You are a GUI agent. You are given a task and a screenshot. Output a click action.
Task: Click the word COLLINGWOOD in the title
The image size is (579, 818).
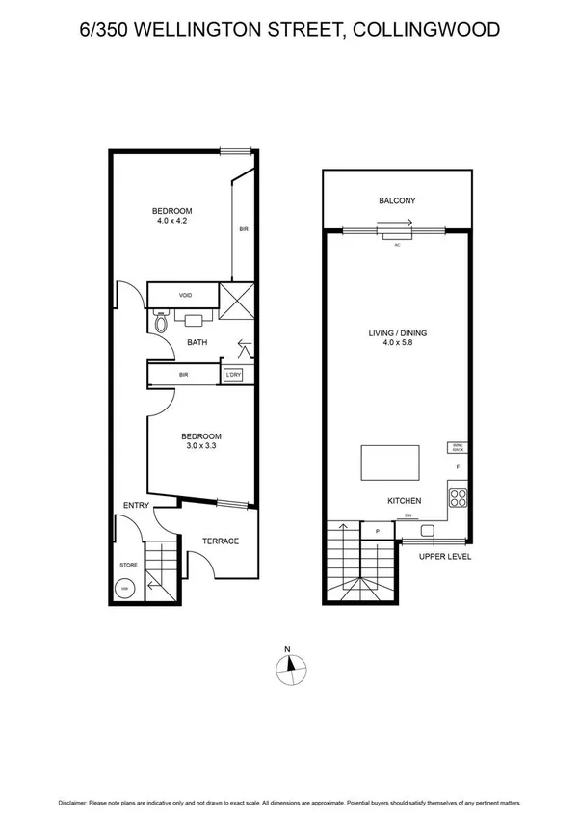pyautogui.click(x=427, y=30)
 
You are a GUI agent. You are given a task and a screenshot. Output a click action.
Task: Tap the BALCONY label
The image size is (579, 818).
pyautogui.click(x=397, y=201)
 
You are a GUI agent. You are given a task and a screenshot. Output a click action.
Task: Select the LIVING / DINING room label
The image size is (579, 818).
pyautogui.click(x=397, y=334)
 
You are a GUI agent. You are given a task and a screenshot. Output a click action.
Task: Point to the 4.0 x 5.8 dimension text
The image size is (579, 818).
pyautogui.click(x=397, y=345)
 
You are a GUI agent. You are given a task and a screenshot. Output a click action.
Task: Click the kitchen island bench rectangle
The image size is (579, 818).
pyautogui.click(x=390, y=462)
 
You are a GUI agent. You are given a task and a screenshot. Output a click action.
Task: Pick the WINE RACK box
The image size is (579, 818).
pyautogui.click(x=456, y=447)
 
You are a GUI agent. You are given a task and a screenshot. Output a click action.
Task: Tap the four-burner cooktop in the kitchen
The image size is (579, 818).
pyautogui.click(x=458, y=500)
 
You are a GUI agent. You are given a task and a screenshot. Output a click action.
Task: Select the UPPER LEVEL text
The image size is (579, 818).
pyautogui.click(x=444, y=556)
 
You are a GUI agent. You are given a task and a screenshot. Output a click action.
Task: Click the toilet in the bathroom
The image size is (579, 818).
pyautogui.click(x=160, y=318)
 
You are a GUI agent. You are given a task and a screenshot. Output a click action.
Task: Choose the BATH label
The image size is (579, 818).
pyautogui.click(x=197, y=342)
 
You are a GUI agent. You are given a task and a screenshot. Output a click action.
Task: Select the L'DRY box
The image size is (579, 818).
pyautogui.click(x=232, y=375)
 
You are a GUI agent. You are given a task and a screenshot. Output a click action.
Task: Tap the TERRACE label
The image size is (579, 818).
pyautogui.click(x=221, y=541)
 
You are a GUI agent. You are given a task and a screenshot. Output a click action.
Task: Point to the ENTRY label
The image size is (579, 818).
pyautogui.click(x=134, y=505)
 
